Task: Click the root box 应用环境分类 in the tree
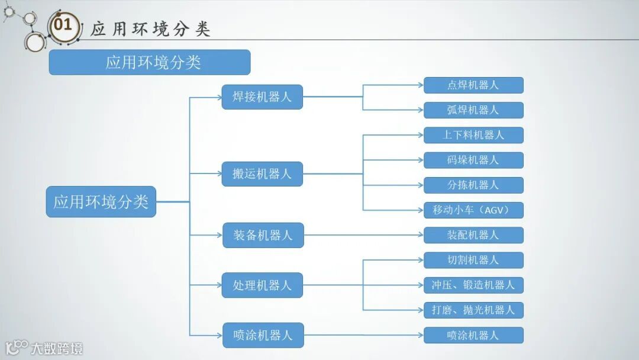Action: pos(101,201)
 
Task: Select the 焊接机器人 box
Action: pos(262,97)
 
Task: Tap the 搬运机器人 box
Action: pos(262,174)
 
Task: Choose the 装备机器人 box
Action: pos(262,235)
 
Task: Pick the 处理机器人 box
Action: pos(262,285)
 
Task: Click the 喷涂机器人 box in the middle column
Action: pos(262,335)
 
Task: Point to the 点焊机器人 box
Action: pos(473,85)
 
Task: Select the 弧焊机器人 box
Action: pos(473,110)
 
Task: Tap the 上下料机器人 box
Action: pos(473,135)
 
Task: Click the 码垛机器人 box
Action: pos(473,160)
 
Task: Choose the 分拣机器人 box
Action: pos(473,185)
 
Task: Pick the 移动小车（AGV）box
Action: pos(473,210)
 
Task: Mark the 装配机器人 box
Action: pos(473,235)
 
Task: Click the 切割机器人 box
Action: pos(473,260)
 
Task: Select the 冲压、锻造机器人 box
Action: pos(473,285)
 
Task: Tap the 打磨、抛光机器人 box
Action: pos(473,310)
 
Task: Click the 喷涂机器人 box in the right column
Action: pos(473,335)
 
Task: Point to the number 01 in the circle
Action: pos(63,25)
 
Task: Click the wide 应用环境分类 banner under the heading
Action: pos(149,62)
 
